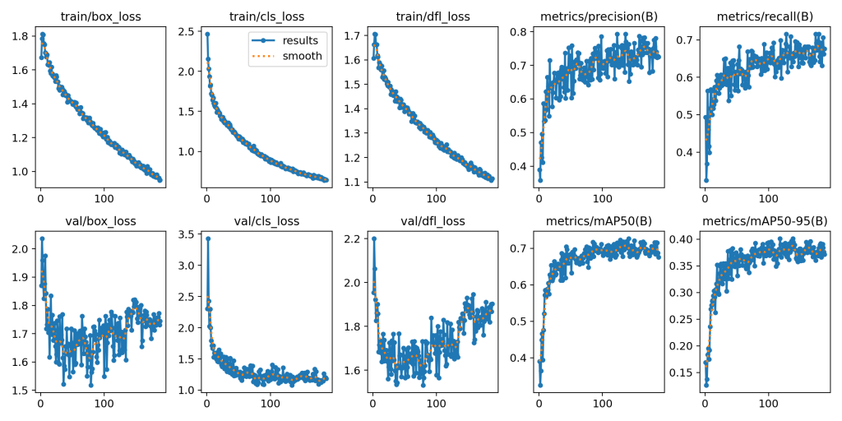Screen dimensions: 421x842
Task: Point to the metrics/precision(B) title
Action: point(597,16)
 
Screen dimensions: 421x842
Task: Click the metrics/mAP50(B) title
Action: point(597,221)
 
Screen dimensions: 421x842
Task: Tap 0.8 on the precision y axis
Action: point(520,31)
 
